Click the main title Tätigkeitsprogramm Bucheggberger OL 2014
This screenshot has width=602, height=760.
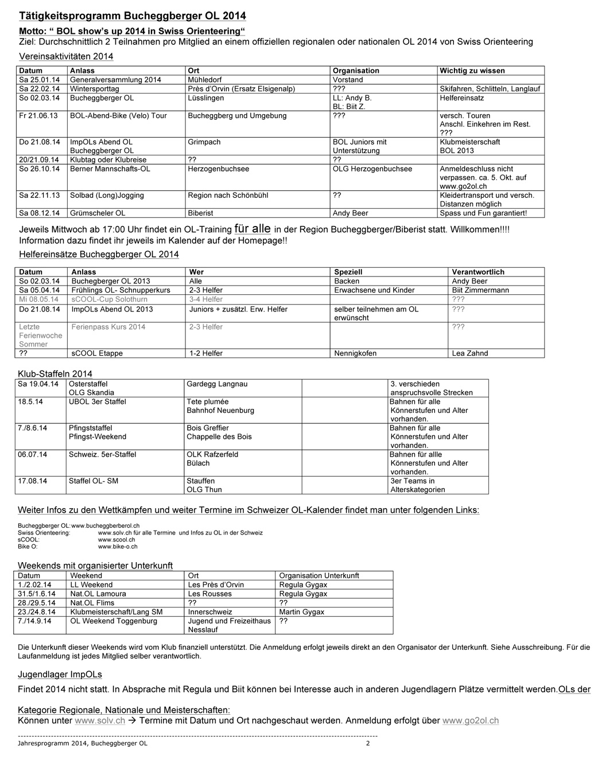(133, 16)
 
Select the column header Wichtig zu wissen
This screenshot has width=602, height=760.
(472, 71)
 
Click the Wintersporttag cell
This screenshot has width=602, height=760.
(94, 89)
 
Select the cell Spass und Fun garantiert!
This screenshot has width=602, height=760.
(483, 213)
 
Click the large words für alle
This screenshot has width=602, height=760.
(253, 228)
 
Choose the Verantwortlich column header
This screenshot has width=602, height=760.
(478, 272)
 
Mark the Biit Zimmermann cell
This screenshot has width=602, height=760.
(480, 290)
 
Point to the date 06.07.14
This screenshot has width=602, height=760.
(32, 454)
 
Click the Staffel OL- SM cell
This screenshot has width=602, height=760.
(93, 481)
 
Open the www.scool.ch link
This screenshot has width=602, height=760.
(116, 540)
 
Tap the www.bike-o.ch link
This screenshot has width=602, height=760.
(118, 547)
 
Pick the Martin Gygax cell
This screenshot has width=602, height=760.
(301, 611)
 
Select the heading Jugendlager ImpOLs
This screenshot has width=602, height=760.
(60, 674)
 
